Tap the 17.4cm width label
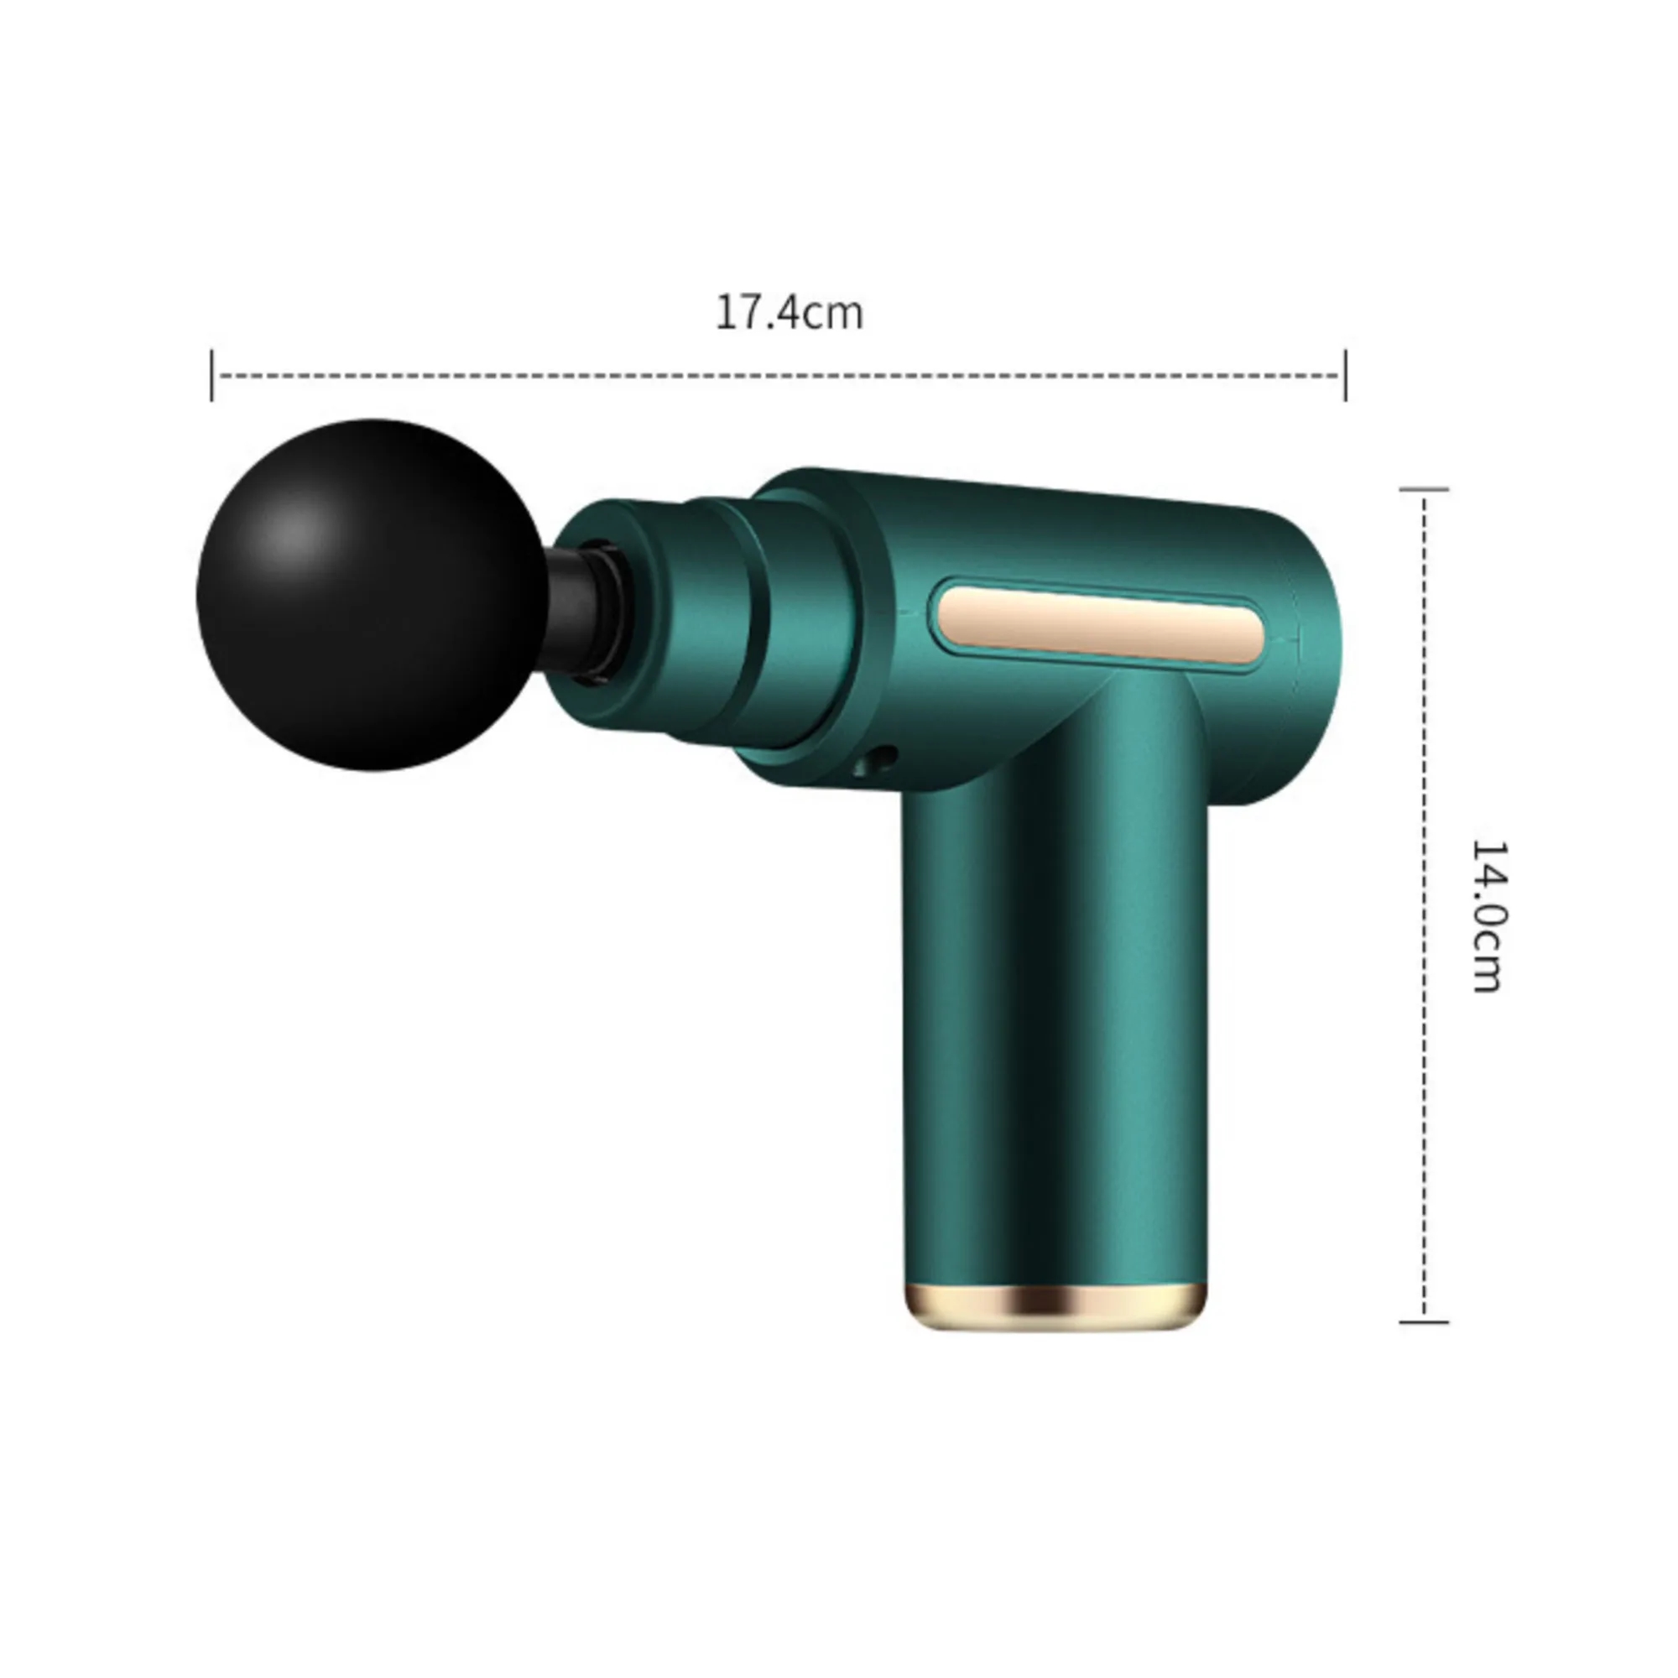(789, 313)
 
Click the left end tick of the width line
(212, 375)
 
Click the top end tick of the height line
(1424, 490)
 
